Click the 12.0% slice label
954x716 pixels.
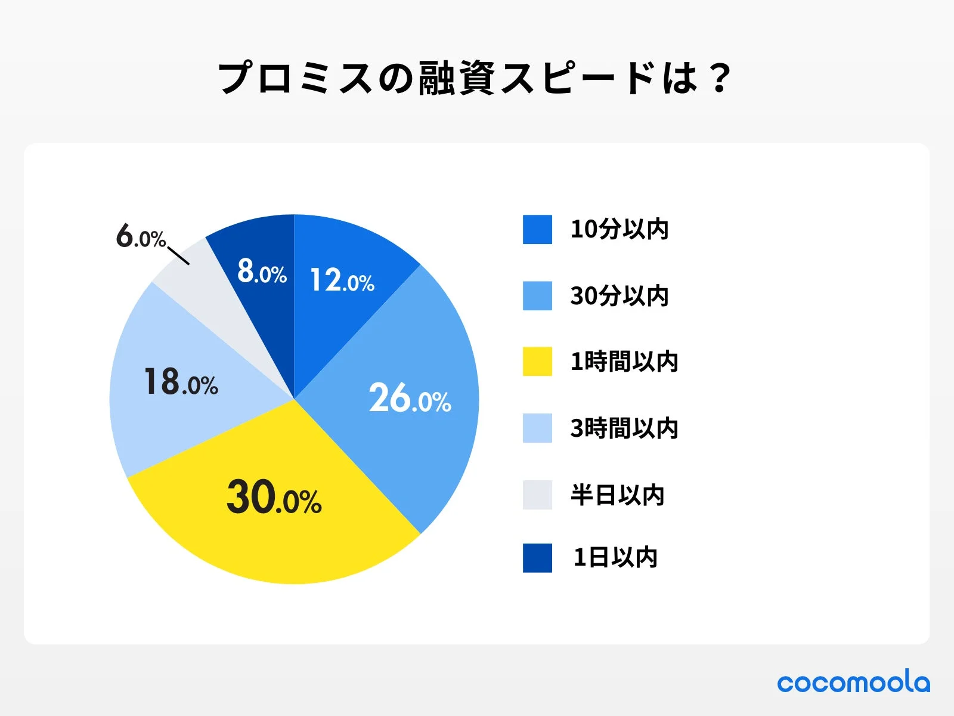pyautogui.click(x=342, y=280)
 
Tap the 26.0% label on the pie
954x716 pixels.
pyautogui.click(x=410, y=399)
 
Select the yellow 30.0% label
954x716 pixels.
pyautogui.click(x=274, y=497)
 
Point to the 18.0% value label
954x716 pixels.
pyautogui.click(x=181, y=382)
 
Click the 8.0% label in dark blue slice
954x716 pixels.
pyautogui.click(x=262, y=271)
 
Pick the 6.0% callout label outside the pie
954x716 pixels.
pyautogui.click(x=140, y=236)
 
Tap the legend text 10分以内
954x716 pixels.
pyautogui.click(x=619, y=229)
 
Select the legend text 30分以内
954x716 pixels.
pyautogui.click(x=619, y=296)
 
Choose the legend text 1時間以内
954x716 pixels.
pyautogui.click(x=624, y=362)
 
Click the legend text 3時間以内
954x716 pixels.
pyautogui.click(x=624, y=428)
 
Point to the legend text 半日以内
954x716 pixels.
pyautogui.click(x=617, y=495)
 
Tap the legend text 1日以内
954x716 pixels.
pyautogui.click(x=615, y=557)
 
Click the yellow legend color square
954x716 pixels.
pyautogui.click(x=537, y=362)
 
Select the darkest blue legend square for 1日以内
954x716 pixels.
pyautogui.click(x=537, y=558)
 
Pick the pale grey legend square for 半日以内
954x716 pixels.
pyautogui.click(x=537, y=495)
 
